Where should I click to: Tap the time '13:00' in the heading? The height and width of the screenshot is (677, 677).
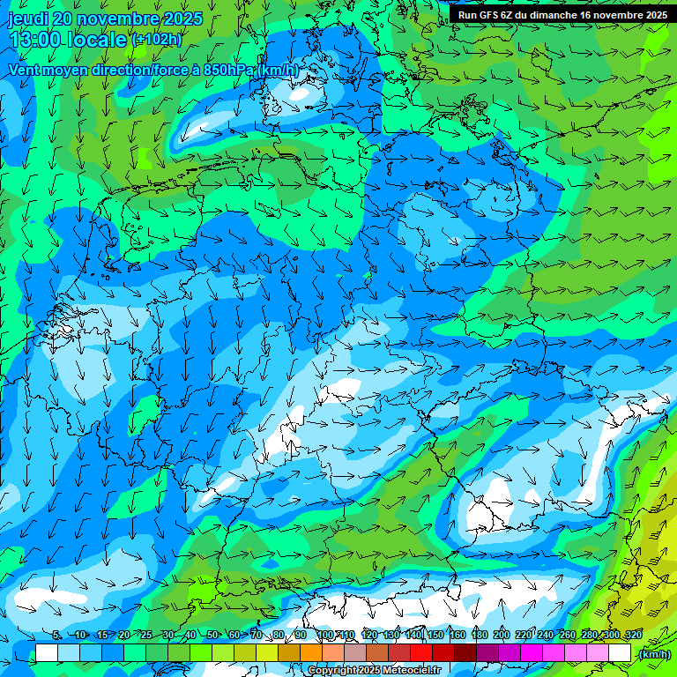(x=36, y=40)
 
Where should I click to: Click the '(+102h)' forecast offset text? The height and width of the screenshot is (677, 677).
(x=156, y=40)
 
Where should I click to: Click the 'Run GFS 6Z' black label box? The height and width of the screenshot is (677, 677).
(x=562, y=14)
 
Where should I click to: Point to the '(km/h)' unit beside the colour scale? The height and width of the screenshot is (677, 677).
(x=654, y=653)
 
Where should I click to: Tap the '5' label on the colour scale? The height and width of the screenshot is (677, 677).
(x=56, y=636)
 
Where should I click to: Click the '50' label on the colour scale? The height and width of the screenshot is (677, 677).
(x=212, y=636)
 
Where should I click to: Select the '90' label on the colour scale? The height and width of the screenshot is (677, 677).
(x=301, y=636)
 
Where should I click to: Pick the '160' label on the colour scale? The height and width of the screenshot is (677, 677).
(x=457, y=636)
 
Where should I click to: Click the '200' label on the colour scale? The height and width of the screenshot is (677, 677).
(x=501, y=636)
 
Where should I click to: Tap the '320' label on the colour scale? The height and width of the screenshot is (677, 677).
(x=633, y=636)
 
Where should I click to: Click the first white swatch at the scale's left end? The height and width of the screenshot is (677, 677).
(x=47, y=653)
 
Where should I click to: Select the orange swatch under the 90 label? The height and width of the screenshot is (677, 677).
(x=311, y=653)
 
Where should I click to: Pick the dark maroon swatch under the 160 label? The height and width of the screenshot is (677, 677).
(x=465, y=653)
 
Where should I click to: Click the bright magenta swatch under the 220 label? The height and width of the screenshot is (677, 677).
(x=532, y=653)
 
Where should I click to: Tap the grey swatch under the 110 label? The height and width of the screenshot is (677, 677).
(x=355, y=653)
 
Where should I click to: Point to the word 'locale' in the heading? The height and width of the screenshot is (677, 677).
(x=100, y=40)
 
